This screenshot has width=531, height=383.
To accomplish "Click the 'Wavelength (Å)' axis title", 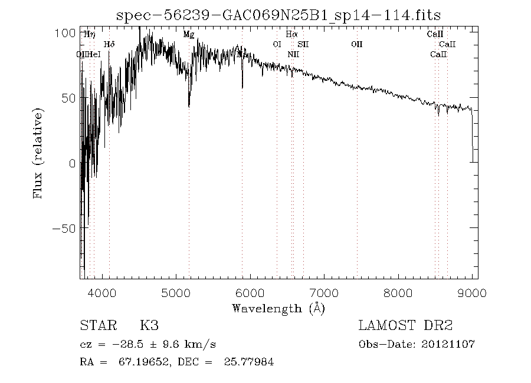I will coord(278,308).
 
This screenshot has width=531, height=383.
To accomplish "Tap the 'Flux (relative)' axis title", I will coord(39,153).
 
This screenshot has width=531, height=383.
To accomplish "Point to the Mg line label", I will coord(189,35).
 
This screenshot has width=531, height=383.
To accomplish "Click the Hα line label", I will coord(291,35).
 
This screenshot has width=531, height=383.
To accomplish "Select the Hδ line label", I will coord(109,44).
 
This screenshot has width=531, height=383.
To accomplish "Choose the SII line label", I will coord(303,44).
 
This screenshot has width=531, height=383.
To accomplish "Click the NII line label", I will coord(293,54).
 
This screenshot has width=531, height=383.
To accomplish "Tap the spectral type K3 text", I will coord(149,326).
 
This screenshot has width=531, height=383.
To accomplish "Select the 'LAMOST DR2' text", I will coord(405,326).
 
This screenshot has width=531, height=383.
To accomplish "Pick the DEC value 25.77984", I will coord(249,362).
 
